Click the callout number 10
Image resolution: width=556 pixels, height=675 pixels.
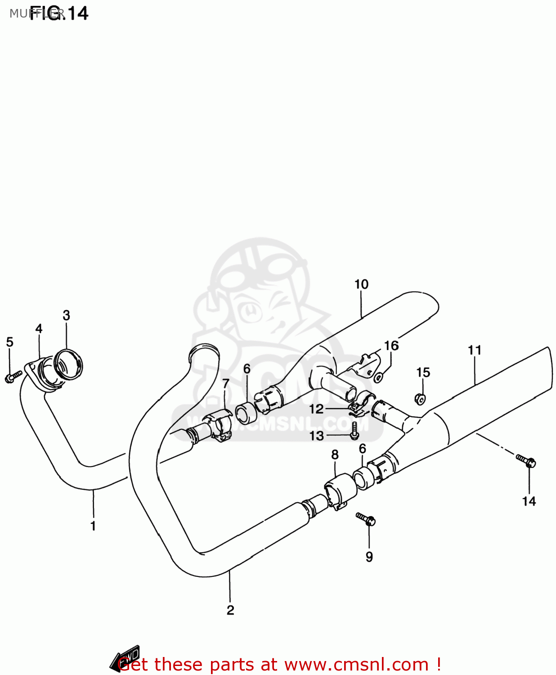[x=361, y=284]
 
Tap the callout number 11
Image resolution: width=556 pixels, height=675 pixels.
[x=475, y=350]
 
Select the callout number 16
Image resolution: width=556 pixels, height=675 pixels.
[x=391, y=346]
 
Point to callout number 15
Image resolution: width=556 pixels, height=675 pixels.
[x=423, y=373]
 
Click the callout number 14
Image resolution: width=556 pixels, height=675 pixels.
[x=529, y=501]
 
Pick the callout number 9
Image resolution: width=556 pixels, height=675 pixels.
[x=369, y=557]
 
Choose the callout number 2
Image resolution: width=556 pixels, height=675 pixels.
[x=230, y=610]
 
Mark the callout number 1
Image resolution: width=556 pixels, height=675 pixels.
[x=93, y=526]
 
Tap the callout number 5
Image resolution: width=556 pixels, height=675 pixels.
[x=9, y=342]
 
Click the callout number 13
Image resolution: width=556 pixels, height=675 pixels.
[x=317, y=436]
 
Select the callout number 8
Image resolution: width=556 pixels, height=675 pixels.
[x=335, y=455]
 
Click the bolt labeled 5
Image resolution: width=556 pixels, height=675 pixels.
[x=13, y=376]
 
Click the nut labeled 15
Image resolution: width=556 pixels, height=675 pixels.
[x=420, y=399]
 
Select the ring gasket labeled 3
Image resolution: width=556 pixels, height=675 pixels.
[x=68, y=364]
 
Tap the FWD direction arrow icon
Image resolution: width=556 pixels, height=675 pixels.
[x=126, y=658]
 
